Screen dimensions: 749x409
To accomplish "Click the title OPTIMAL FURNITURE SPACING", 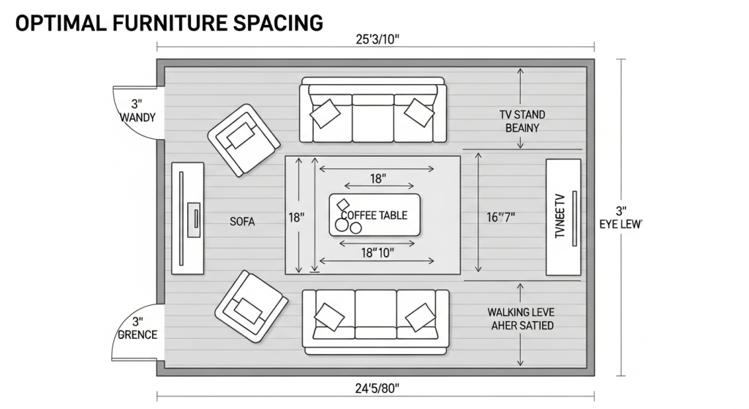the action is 169,23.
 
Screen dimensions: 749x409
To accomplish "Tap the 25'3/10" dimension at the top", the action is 377,40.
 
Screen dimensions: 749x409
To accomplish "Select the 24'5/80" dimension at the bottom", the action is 377,389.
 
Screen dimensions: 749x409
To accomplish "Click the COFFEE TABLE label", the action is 374,216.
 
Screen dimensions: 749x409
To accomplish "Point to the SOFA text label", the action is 242,222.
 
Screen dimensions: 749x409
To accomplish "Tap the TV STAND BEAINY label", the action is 522,121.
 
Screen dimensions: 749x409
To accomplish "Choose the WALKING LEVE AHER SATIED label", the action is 521,319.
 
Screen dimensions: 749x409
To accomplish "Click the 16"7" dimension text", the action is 500,217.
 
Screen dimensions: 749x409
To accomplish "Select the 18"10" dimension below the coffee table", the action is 377,252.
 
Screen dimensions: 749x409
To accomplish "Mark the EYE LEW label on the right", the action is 621,224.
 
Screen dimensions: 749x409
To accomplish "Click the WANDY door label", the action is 138,118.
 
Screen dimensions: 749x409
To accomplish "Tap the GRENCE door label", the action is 138,334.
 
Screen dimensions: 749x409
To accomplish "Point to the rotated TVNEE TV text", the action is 560,216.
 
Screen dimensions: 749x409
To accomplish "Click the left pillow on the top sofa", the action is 325,113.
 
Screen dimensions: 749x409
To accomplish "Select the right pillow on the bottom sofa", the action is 421,318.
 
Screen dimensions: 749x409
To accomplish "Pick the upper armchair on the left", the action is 244,140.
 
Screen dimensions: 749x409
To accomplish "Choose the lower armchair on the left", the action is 252,307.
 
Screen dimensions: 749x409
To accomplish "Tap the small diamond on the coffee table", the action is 343,205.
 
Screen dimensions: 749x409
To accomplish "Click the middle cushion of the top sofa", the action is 373,118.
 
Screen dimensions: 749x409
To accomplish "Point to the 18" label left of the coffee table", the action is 296,218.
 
